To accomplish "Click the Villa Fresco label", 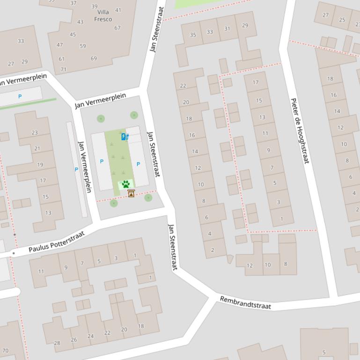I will [x=103, y=16].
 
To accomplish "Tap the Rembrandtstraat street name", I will [x=245, y=302].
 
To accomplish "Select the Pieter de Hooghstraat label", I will [x=300, y=131].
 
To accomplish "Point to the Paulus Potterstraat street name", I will [x=56, y=242].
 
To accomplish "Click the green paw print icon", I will [x=125, y=184].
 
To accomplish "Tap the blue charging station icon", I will [x=125, y=137].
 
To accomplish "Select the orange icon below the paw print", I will [x=131, y=194].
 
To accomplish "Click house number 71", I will [x=63, y=70].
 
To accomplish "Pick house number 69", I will [x=94, y=58].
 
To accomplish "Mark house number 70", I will [x=5, y=351].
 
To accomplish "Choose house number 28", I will [x=57, y=343].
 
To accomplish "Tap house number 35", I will [x=193, y=35].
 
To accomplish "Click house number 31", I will [x=227, y=29].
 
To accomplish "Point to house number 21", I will [x=37, y=149].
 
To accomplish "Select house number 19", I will [x=40, y=165].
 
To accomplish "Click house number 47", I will [x=59, y=45].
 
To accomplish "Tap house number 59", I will [x=83, y=46].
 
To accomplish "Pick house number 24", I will [x=90, y=336].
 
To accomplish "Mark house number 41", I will [x=118, y=10].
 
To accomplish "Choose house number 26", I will [x=73, y=340].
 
